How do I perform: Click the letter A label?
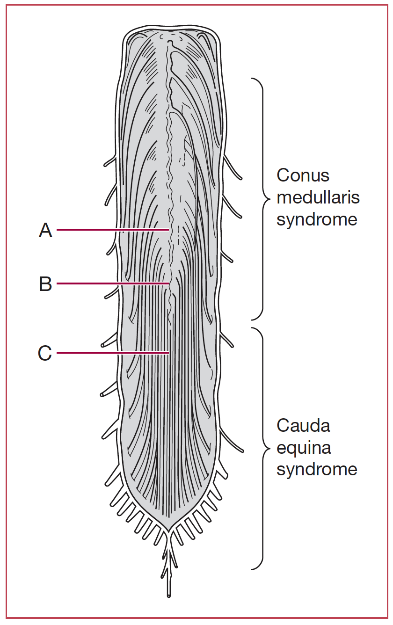45,230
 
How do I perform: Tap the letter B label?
45,284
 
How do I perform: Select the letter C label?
45,353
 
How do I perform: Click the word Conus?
303,175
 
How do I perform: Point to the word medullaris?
318,197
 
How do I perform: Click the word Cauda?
303,426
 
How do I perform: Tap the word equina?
304,448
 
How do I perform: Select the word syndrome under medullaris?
317,219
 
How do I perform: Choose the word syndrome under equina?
317,469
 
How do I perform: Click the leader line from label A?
112,230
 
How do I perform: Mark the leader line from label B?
112,283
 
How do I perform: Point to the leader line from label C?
112,353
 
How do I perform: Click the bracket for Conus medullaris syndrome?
262,199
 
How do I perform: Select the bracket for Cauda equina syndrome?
262,448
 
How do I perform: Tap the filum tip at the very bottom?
168,595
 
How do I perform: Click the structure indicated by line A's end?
170,230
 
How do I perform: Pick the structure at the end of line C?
170,353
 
